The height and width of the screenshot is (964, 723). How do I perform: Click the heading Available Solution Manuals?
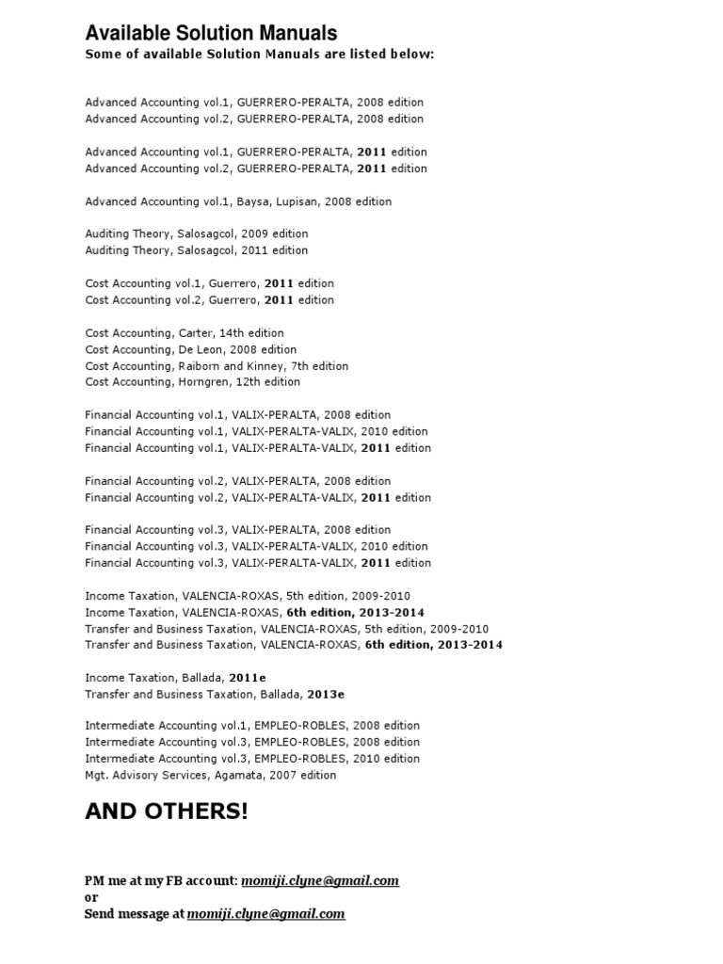click(211, 34)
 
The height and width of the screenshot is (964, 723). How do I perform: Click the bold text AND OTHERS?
click(167, 811)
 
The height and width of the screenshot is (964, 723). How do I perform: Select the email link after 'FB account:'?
click(320, 881)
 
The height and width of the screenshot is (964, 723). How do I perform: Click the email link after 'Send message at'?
click(265, 914)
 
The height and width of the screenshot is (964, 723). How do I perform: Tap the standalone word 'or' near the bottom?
click(91, 897)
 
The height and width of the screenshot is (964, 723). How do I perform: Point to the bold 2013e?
click(326, 694)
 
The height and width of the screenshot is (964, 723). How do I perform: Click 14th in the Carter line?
click(231, 333)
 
